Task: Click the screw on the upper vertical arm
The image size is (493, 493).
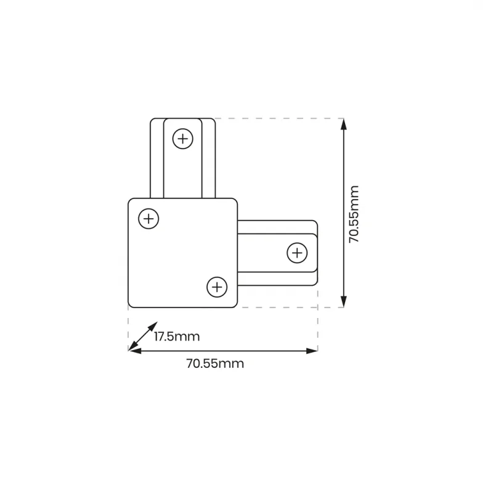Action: point(182,139)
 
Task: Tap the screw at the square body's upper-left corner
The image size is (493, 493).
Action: point(149,219)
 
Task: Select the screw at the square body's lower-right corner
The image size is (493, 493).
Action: point(217,287)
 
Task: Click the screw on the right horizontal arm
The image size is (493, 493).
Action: point(297,253)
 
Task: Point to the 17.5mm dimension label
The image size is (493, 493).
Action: point(177,336)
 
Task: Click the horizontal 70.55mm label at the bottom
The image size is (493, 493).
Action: point(215,364)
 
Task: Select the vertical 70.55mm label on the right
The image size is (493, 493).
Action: point(354,214)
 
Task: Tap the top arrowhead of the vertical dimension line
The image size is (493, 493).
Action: point(344,124)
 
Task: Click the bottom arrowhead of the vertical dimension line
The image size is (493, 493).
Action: point(344,301)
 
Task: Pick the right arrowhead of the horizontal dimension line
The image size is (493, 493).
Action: point(312,351)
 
